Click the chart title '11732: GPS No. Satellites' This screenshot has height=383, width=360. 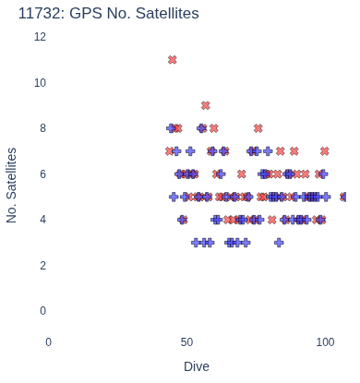click(109, 13)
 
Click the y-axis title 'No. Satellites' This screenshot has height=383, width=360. click(11, 186)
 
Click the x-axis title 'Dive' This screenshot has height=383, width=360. click(197, 366)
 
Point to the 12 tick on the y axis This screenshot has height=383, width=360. click(40, 37)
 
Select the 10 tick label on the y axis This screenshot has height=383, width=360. click(40, 83)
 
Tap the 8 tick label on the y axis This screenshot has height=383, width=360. click(42, 128)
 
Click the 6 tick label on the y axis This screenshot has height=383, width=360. click(42, 174)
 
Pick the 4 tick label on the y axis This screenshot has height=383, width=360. click(42, 220)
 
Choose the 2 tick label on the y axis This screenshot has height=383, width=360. click(42, 265)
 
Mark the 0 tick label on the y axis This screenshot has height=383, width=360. click(42, 311)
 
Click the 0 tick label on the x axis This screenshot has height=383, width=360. click(48, 342)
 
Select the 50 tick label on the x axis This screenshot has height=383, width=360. click(186, 342)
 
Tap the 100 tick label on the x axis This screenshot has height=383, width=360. click(325, 342)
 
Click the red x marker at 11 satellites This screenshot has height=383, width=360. click(173, 60)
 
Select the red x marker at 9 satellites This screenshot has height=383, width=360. click(206, 105)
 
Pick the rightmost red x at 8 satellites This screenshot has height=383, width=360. click(258, 128)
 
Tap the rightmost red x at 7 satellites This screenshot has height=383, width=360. click(325, 151)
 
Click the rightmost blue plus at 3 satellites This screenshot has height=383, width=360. click(279, 243)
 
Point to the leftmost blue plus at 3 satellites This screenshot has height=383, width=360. click(196, 243)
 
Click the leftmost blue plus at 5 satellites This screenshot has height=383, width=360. click(174, 197)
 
